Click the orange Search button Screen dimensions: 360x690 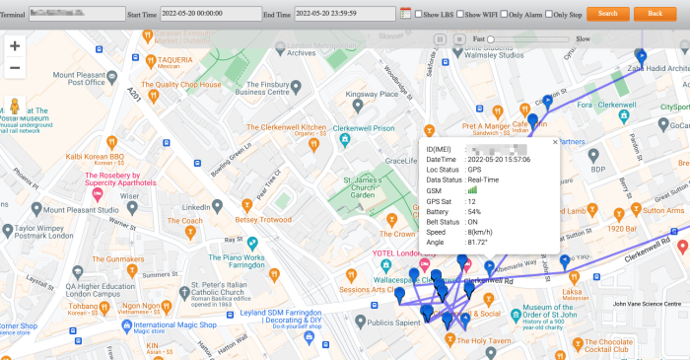pyautogui.click(x=607, y=14)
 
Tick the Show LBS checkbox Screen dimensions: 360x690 pyautogui.click(x=418, y=15)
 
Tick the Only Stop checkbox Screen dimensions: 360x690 pyautogui.click(x=547, y=15)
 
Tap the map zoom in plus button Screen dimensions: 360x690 pyautogui.click(x=15, y=46)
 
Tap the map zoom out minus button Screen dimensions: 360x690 pyautogui.click(x=15, y=68)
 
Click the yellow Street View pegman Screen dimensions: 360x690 pyautogui.click(x=15, y=106)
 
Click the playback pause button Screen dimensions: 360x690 pyautogui.click(x=441, y=38)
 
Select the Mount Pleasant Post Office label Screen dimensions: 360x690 pyautogui.click(x=79, y=79)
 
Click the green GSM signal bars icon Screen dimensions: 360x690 pyautogui.click(x=472, y=191)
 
